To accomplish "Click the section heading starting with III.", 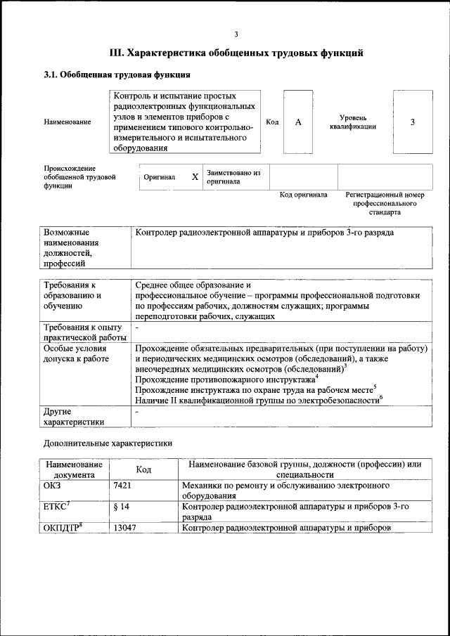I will (x=236, y=53).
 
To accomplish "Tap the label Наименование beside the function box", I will (x=67, y=122).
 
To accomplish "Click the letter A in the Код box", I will (x=298, y=122).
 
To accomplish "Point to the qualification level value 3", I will (x=413, y=122).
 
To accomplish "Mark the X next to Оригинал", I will (x=195, y=177).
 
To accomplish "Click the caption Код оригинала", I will (x=303, y=195).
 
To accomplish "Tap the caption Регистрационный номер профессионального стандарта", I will (x=385, y=203).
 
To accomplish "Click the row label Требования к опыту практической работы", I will (x=82, y=332).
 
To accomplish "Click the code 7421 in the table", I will (x=122, y=485).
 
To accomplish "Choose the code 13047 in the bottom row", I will (x=124, y=528).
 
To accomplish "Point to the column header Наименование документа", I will (x=74, y=469).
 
